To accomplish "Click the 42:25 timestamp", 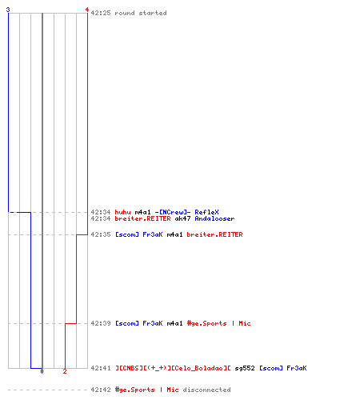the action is click(x=101, y=13).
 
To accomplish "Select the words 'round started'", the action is click(x=141, y=13).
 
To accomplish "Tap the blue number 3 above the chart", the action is click(x=8, y=10).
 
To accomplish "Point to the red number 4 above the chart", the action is click(x=87, y=10).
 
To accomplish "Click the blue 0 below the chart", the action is click(x=42, y=371).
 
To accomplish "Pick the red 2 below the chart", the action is click(x=65, y=371).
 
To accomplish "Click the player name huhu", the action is click(x=122, y=212).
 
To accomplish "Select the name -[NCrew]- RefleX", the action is click(x=186, y=212).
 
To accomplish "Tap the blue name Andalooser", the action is click(x=214, y=218).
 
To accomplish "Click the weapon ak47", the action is click(x=182, y=218).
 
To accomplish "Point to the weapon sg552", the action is click(x=245, y=368).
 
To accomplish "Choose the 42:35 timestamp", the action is click(x=101, y=234).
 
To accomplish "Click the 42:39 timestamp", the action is click(x=101, y=323).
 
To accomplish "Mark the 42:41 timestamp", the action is click(x=101, y=368).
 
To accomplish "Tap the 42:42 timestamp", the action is click(x=101, y=390).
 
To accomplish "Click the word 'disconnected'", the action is click(x=206, y=390).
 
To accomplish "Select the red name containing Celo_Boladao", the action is click(x=173, y=368).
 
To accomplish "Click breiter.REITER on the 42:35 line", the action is click(x=214, y=234).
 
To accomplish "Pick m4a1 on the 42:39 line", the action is click(x=174, y=323).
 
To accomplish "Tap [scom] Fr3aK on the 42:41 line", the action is click(x=283, y=368).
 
